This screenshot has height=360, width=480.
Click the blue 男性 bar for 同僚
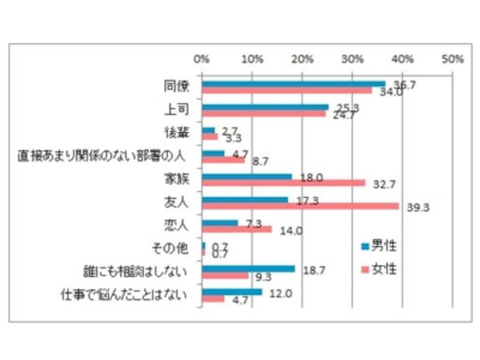click(x=293, y=84)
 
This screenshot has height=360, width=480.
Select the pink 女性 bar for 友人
click(x=300, y=206)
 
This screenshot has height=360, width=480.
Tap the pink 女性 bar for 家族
click(x=283, y=183)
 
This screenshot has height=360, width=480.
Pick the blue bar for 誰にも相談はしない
click(x=248, y=269)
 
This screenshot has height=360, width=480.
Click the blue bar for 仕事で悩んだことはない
click(x=232, y=292)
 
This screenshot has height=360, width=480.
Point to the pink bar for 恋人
click(x=237, y=229)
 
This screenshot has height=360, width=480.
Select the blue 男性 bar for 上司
click(x=265, y=107)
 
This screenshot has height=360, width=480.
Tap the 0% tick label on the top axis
click(x=202, y=59)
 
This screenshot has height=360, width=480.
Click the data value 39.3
click(x=420, y=208)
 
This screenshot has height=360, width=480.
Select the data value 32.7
click(x=386, y=184)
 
